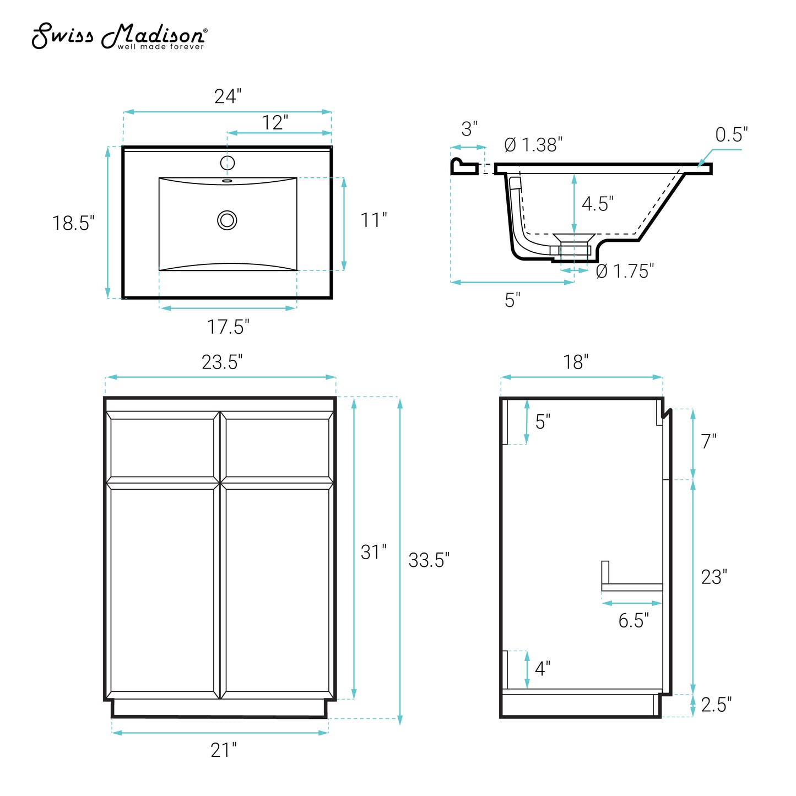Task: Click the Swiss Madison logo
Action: click(120, 36)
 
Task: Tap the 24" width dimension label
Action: click(228, 96)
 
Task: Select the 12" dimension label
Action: click(275, 122)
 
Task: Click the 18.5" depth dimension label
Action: click(73, 223)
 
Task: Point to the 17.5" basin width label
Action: click(228, 327)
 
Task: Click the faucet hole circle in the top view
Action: click(228, 163)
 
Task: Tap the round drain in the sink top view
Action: click(227, 220)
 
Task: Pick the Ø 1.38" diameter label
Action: click(533, 144)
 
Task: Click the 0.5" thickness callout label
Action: click(732, 134)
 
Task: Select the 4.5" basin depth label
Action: click(598, 204)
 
